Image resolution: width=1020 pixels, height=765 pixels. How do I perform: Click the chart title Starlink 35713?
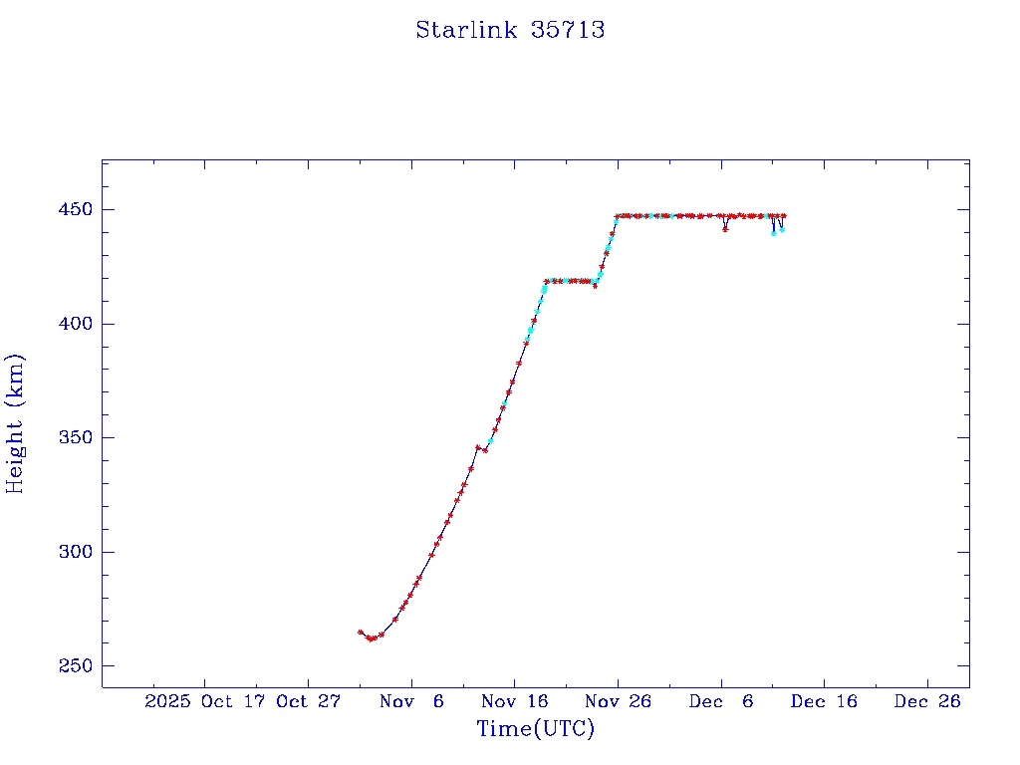pyautogui.click(x=510, y=30)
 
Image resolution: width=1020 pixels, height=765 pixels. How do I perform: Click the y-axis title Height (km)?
pyautogui.click(x=15, y=423)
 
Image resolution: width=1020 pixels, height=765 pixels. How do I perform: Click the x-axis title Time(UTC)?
pyautogui.click(x=535, y=729)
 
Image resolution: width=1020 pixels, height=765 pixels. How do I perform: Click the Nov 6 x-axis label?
pyautogui.click(x=411, y=701)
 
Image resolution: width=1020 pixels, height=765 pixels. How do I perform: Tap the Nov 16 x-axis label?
pyautogui.click(x=515, y=701)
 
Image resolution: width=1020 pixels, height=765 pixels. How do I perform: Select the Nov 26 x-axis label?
pyautogui.click(x=618, y=701)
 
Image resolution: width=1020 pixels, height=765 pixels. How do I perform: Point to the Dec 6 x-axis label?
pyautogui.click(x=721, y=701)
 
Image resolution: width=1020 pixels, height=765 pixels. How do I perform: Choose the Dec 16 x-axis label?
pyautogui.click(x=824, y=701)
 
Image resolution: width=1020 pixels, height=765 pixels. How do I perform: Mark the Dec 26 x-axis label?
pyautogui.click(x=927, y=701)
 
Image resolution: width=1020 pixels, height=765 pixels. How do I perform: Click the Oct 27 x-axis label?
pyautogui.click(x=309, y=701)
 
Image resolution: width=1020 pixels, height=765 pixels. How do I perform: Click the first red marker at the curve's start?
pyautogui.click(x=361, y=632)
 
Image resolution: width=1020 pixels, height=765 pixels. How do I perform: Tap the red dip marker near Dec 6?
pyautogui.click(x=725, y=229)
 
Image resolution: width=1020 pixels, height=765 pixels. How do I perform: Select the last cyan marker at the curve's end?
pyautogui.click(x=782, y=230)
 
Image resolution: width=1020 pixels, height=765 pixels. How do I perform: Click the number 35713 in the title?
pyautogui.click(x=569, y=30)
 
